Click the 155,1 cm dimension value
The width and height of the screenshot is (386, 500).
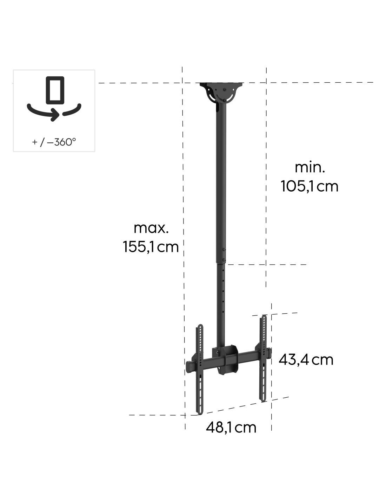[x=151, y=247]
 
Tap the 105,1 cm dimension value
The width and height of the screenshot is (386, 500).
[x=309, y=186]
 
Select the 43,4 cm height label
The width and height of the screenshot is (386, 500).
[x=306, y=360]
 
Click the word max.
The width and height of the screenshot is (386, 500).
[x=151, y=229]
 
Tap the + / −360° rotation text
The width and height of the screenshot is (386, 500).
[x=54, y=142]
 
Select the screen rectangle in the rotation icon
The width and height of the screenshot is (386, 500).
[x=55, y=90]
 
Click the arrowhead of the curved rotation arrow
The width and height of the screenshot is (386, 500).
[x=55, y=114]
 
